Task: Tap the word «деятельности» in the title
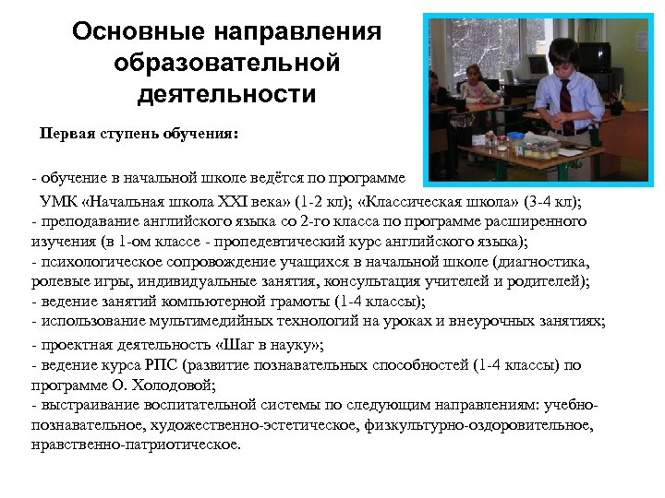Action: [226, 95]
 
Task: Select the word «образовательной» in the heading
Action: [226, 64]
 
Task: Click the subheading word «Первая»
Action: [68, 133]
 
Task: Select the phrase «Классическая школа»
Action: [421, 201]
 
